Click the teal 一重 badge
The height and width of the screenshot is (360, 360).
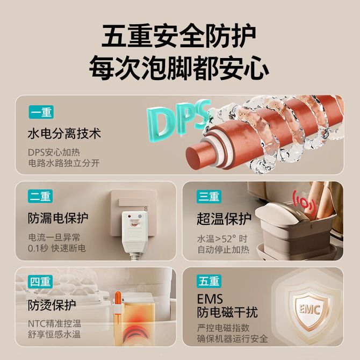coord(41,112)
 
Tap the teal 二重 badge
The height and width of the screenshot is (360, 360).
coord(40,196)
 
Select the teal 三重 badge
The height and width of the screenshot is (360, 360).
coord(209,197)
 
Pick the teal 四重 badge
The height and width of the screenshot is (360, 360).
coord(40,282)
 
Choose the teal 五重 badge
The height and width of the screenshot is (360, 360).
coord(209,281)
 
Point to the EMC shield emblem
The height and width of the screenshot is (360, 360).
coord(309,309)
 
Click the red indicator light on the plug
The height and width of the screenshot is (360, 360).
coord(129,217)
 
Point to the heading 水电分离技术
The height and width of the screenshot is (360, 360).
coord(64,133)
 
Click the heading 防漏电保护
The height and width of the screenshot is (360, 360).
coord(58,218)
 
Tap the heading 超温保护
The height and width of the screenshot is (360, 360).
coord(224,219)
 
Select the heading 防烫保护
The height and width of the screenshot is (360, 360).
coord(52,305)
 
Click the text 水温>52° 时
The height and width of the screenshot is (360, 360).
coord(222,239)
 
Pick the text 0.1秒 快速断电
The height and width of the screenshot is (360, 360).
coord(57,248)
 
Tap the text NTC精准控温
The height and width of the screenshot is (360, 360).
coord(54,323)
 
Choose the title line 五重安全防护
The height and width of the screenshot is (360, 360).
coord(178,36)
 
